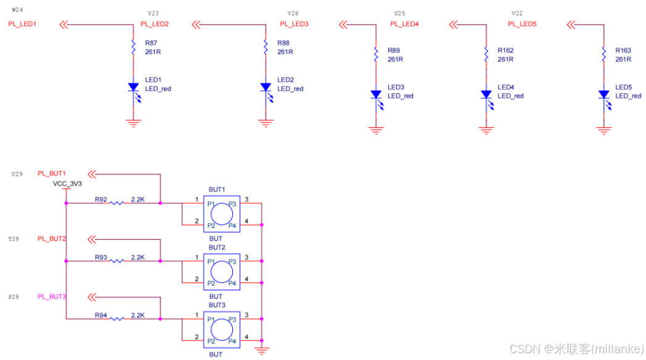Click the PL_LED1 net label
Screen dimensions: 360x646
(22, 24)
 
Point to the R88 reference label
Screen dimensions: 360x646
(283, 43)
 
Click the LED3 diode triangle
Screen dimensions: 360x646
(375, 94)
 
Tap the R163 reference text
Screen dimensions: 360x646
(623, 51)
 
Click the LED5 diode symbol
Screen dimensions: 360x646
(604, 94)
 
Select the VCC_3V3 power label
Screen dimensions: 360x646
(67, 184)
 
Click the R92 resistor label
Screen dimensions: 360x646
(101, 199)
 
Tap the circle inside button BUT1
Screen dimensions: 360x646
(222, 214)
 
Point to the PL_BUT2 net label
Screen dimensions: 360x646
(52, 238)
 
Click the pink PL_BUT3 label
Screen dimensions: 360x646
(52, 296)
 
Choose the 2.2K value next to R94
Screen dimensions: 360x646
(138, 315)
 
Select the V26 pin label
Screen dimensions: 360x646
(293, 13)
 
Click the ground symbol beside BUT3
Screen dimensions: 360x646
(262, 351)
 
